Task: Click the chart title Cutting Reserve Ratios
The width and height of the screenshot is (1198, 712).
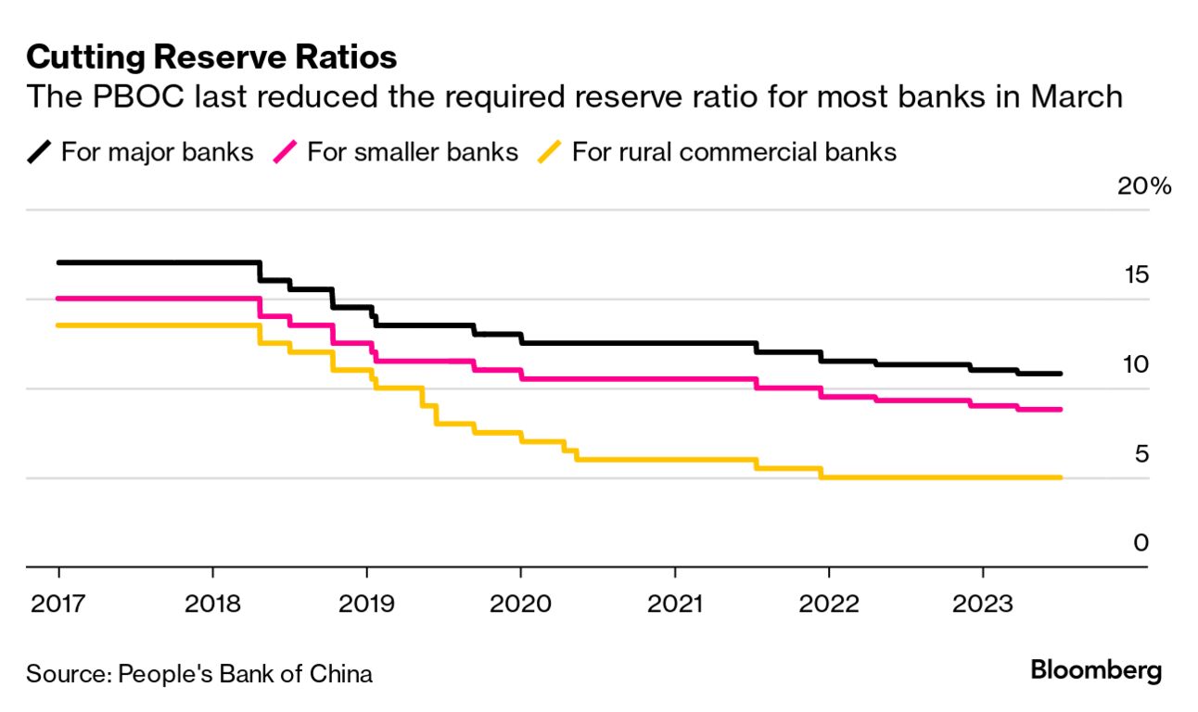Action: point(211,57)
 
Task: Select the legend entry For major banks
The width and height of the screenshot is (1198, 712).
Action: point(157,151)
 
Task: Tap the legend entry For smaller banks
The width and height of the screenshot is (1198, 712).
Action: point(412,151)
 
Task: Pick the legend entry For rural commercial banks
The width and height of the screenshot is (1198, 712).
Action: point(733,151)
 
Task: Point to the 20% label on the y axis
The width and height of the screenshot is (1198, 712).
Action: point(1144,185)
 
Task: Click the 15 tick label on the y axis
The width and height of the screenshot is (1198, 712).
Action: point(1136,274)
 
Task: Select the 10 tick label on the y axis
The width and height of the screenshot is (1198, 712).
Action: point(1136,364)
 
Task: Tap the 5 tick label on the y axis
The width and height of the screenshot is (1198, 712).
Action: point(1141,454)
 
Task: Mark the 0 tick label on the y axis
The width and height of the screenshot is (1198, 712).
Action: point(1141,543)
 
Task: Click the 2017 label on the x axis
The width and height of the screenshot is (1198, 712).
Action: point(58,604)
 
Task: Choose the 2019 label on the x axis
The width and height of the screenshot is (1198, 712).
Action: point(366,604)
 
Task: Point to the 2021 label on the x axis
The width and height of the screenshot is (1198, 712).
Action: point(674,604)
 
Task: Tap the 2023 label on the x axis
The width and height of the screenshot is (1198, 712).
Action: point(982,604)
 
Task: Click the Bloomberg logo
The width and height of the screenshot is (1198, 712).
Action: point(1096,670)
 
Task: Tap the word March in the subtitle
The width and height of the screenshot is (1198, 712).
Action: point(1075,96)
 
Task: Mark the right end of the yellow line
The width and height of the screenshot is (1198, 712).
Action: point(1060,477)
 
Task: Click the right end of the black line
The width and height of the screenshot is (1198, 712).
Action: point(1060,374)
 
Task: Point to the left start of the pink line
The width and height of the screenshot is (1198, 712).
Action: point(58,298)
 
